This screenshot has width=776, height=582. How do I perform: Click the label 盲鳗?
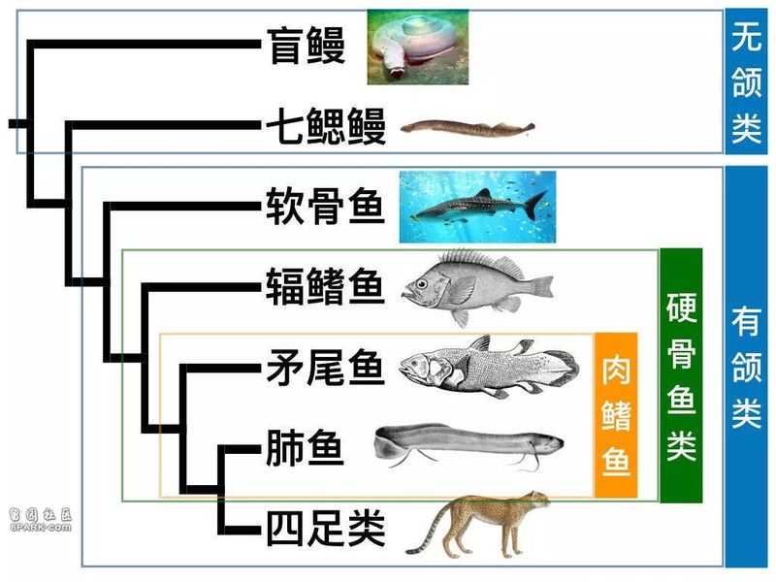coord(306,46)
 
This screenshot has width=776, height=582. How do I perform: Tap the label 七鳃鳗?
coord(326,126)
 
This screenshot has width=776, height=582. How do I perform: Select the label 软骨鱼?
coord(326,206)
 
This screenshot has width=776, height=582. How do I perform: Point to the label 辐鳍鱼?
coord(326,286)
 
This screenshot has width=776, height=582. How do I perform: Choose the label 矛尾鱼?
coord(326,367)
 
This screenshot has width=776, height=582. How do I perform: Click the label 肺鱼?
coord(305,447)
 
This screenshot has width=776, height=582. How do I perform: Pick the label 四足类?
coord(326,528)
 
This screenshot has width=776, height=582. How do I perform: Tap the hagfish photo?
coord(418,47)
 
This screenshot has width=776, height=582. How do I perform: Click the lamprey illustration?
coord(468,128)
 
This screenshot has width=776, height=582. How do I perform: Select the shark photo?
coord(477,207)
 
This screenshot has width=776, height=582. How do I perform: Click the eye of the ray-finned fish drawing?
coord(422,284)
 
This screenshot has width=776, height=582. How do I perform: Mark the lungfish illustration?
coord(469,445)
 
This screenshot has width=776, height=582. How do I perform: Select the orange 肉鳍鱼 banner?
coord(616,415)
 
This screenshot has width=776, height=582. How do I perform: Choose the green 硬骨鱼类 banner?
coord(682,375)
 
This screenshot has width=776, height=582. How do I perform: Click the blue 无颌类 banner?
coord(746,81)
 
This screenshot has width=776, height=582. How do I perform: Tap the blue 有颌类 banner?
coord(746,367)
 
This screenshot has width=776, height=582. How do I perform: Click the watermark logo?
coord(41,519)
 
